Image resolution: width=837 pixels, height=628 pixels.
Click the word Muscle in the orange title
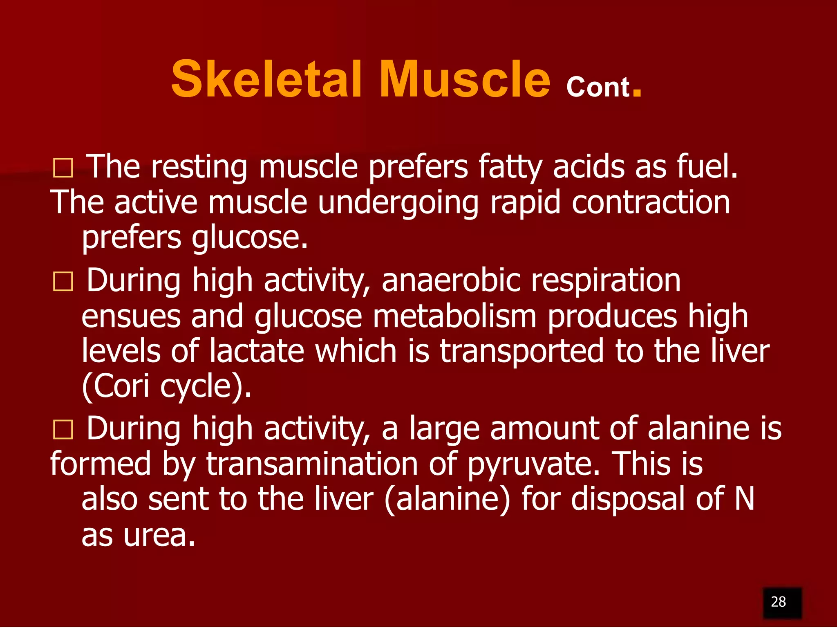click(465, 79)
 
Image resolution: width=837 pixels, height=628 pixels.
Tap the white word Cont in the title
click(598, 87)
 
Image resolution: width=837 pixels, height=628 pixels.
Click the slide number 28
click(778, 601)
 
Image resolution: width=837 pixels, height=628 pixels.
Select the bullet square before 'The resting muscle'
click(63, 168)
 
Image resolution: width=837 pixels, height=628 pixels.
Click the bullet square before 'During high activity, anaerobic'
click(63, 282)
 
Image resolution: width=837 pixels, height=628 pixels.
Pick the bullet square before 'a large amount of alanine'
click(63, 429)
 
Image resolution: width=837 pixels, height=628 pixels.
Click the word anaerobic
click(450, 280)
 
